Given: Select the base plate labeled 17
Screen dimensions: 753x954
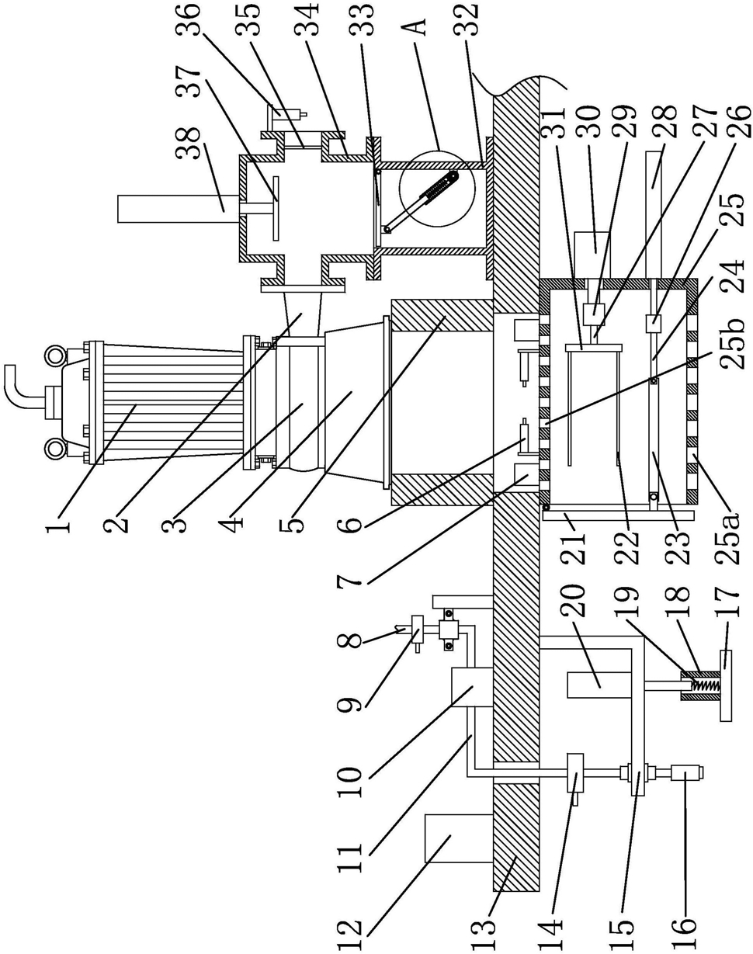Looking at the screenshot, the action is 726,685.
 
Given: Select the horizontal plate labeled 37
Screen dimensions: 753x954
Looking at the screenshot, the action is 276,208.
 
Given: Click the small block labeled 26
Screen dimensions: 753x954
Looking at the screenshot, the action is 653,321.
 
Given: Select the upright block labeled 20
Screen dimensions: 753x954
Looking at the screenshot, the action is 599,685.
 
